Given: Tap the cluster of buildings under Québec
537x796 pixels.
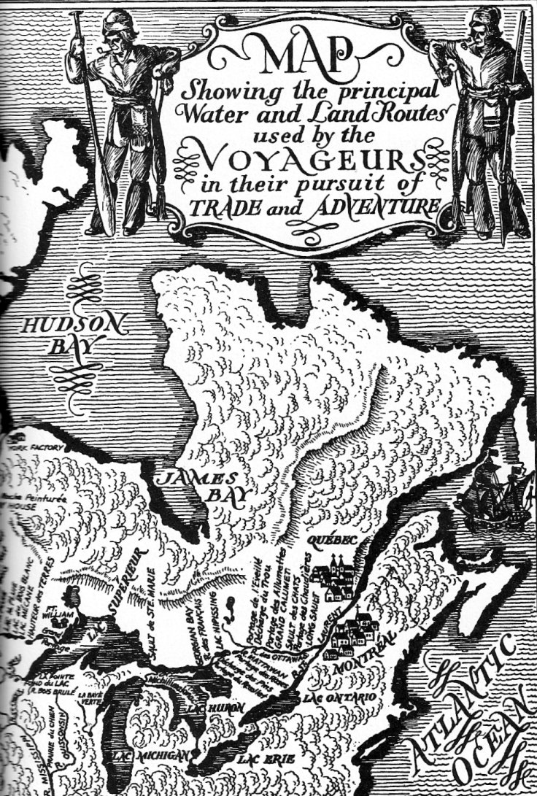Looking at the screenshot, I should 332,580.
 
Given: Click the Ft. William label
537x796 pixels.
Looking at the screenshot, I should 70,607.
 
